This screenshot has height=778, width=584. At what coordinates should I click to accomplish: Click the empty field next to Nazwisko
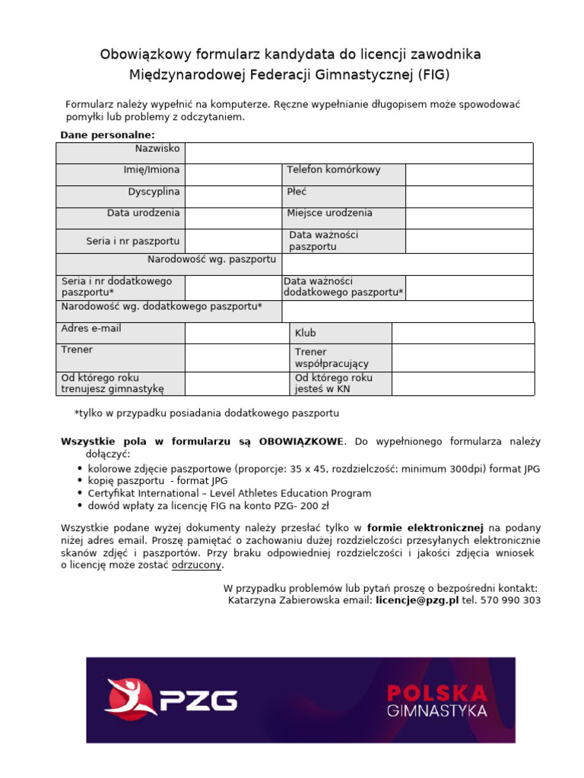(358, 153)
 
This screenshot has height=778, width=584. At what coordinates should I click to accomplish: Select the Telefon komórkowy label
(333, 170)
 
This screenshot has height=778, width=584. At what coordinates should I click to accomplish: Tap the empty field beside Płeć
(468, 197)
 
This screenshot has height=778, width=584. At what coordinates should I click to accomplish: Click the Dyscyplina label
(154, 191)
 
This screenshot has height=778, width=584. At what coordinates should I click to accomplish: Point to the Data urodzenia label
(143, 213)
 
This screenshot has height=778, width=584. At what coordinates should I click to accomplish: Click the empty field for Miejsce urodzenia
(468, 219)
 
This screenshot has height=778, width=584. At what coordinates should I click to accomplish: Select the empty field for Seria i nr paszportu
(233, 241)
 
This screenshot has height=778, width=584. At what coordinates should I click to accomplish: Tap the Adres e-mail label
(91, 329)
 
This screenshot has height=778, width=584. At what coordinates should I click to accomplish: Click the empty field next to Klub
(462, 334)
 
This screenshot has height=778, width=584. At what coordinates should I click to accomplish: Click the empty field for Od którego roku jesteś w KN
(462, 383)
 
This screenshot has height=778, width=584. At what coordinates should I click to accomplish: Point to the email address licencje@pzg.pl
(417, 600)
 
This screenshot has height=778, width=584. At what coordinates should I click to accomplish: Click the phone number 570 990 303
(511, 600)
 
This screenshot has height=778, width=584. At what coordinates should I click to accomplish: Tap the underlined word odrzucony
(198, 565)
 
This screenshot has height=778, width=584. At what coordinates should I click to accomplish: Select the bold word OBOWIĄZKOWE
(301, 441)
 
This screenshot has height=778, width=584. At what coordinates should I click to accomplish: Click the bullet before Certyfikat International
(81, 494)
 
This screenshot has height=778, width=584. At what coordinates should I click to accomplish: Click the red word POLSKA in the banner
(436, 693)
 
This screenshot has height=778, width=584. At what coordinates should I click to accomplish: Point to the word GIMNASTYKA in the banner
(436, 712)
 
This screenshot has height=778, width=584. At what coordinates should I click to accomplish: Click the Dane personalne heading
(107, 135)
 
